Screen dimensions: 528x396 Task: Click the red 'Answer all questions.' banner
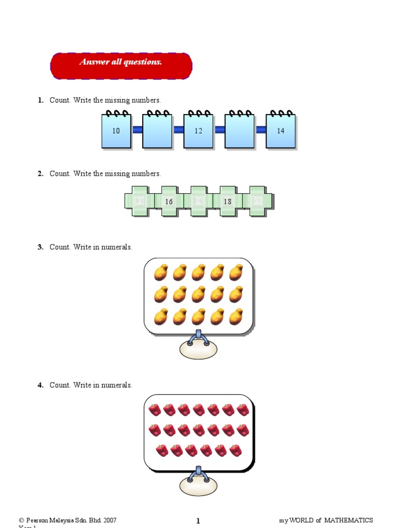[121, 65]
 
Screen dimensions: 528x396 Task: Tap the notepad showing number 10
[116, 131]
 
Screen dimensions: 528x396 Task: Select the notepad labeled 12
[199, 131]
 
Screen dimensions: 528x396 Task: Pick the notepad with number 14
[280, 131]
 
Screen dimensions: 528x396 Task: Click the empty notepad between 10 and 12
[157, 131]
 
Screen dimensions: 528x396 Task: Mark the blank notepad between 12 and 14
[239, 131]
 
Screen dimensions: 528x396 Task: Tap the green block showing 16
[169, 201]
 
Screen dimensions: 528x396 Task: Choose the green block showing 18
[228, 201]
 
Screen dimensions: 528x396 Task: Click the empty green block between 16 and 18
[199, 201]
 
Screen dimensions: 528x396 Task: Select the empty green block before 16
[140, 201]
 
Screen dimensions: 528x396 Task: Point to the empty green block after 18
[257, 201]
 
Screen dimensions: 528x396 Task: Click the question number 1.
[40, 100]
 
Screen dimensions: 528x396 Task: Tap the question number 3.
[40, 247]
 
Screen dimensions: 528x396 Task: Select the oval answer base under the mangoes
[199, 349]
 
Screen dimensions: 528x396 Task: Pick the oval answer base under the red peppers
[199, 485]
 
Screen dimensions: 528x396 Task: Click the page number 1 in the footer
[198, 521]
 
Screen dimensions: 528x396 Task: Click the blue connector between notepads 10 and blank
[137, 130]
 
